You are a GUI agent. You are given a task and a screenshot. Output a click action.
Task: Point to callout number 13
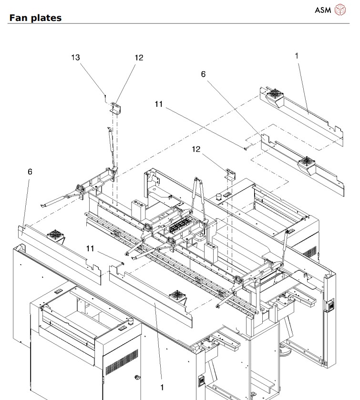point(75,57)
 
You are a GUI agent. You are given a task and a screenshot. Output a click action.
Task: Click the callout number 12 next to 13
point(138,57)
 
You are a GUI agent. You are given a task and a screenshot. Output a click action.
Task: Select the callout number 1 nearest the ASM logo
point(296,56)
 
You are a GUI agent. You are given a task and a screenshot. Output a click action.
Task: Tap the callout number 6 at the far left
point(30,171)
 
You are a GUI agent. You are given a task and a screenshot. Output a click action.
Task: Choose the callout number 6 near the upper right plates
point(203,75)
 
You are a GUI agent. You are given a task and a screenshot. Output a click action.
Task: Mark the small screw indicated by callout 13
point(105,95)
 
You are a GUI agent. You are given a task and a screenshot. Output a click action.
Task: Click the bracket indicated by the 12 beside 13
point(115,107)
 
